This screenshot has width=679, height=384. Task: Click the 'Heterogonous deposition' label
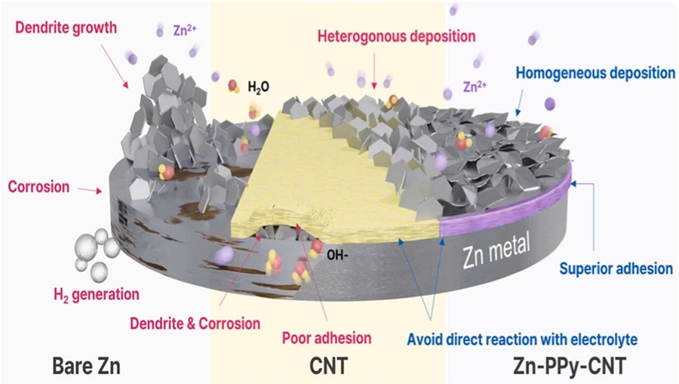[397, 35]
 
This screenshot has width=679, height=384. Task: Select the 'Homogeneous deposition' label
[596, 73]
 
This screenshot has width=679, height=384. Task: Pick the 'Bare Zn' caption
[89, 365]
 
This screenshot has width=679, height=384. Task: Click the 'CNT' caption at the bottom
[330, 365]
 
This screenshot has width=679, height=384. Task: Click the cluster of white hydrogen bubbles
[97, 253]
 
